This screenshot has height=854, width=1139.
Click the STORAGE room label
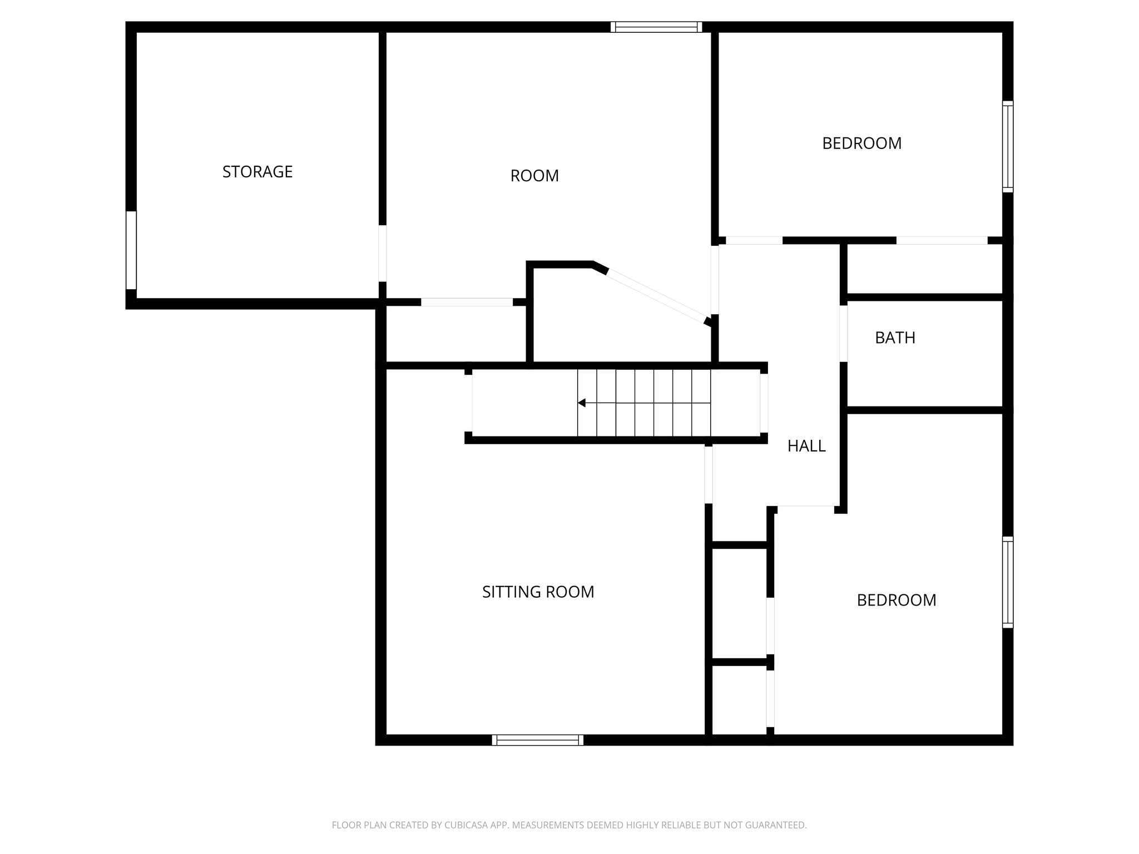[x=257, y=172]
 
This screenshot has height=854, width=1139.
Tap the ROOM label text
[x=534, y=176]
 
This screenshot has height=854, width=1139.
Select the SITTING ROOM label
[x=538, y=592]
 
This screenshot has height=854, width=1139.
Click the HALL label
[x=806, y=446]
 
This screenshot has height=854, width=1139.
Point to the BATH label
[x=895, y=337]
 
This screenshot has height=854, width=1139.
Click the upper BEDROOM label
[x=861, y=143]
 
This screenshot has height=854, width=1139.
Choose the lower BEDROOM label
[x=896, y=600]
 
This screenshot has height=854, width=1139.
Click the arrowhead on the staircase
[x=582, y=403]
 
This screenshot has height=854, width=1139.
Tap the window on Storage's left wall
[x=131, y=250]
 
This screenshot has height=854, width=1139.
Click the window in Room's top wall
[x=656, y=27]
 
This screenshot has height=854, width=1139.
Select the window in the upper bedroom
[x=1007, y=147]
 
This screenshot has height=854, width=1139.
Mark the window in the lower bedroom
[x=1007, y=582]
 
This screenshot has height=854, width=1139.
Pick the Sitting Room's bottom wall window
[x=537, y=740]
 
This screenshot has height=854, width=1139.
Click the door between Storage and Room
[x=382, y=253]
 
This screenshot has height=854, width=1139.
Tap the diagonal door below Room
[x=656, y=296]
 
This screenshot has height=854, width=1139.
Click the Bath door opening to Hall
[x=843, y=334]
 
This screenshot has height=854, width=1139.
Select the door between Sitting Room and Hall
[x=709, y=475]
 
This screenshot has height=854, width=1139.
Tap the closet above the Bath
[x=924, y=269]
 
